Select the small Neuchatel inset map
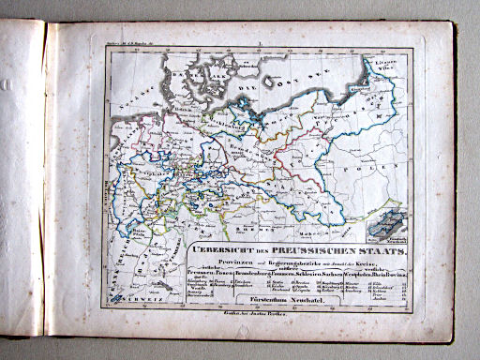(384, 225)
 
